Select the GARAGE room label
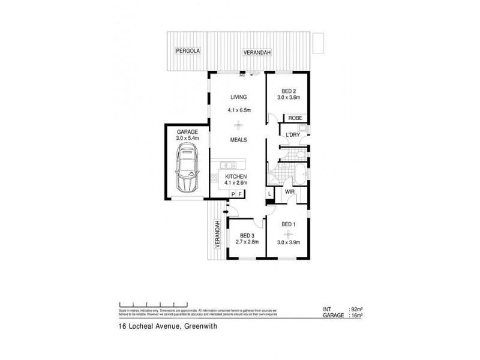click(x=187, y=131)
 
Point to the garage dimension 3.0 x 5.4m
click(x=187, y=138)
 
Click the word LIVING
click(x=239, y=97)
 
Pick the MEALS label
click(x=239, y=140)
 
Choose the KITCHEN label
click(x=236, y=176)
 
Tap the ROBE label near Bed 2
click(x=294, y=118)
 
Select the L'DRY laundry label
click(x=292, y=135)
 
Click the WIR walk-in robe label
click(x=289, y=192)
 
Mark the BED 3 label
click(x=247, y=236)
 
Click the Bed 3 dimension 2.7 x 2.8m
click(x=247, y=243)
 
